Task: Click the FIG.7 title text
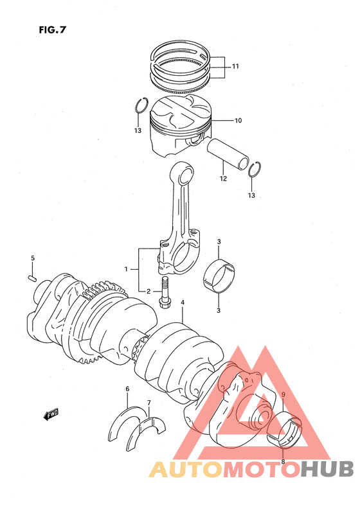pyautogui.click(x=53, y=30)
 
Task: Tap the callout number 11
pyautogui.click(x=235, y=66)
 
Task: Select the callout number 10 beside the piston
pyautogui.click(x=239, y=121)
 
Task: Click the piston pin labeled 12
pyautogui.click(x=228, y=154)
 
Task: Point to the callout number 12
pyautogui.click(x=223, y=179)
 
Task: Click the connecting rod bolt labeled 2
pyautogui.click(x=165, y=292)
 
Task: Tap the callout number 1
pyautogui.click(x=126, y=269)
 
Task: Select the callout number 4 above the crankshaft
pyautogui.click(x=183, y=303)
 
